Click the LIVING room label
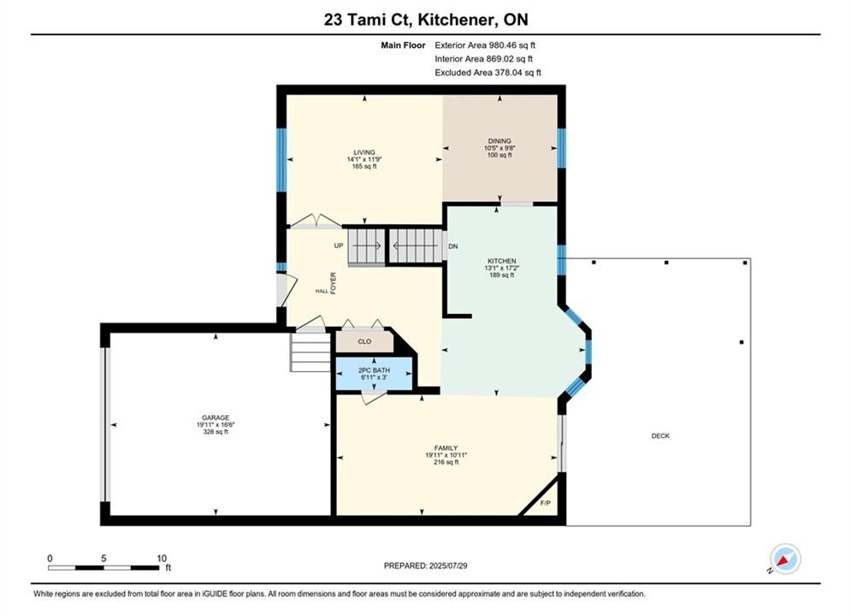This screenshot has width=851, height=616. coord(364,152)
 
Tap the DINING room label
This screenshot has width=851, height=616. coord(499,141)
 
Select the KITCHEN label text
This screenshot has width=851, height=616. coord(501,261)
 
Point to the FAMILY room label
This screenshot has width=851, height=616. coord(446,448)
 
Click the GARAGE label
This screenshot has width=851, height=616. coord(216,418)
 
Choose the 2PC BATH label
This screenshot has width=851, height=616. coord(374,370)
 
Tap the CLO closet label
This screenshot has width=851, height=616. coord(364,341)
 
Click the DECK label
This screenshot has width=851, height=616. coord(660,435)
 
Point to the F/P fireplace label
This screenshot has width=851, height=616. coord(546,503)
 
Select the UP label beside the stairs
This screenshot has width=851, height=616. coord(339,246)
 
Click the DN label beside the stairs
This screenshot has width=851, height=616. coord(453,246)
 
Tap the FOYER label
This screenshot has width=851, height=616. coord(334,283)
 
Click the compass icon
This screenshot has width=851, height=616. coord(785,559)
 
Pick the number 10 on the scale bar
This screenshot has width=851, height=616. coord(162,558)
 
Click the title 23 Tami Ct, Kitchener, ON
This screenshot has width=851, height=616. coord(426,20)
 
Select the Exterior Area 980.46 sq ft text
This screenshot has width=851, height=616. coord(485,45)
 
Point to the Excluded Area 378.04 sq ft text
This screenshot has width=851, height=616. coord(488,73)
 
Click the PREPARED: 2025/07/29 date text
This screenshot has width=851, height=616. coord(426,566)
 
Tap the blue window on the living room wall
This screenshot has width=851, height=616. coord(281,160)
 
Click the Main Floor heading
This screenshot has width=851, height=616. coord(403,45)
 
